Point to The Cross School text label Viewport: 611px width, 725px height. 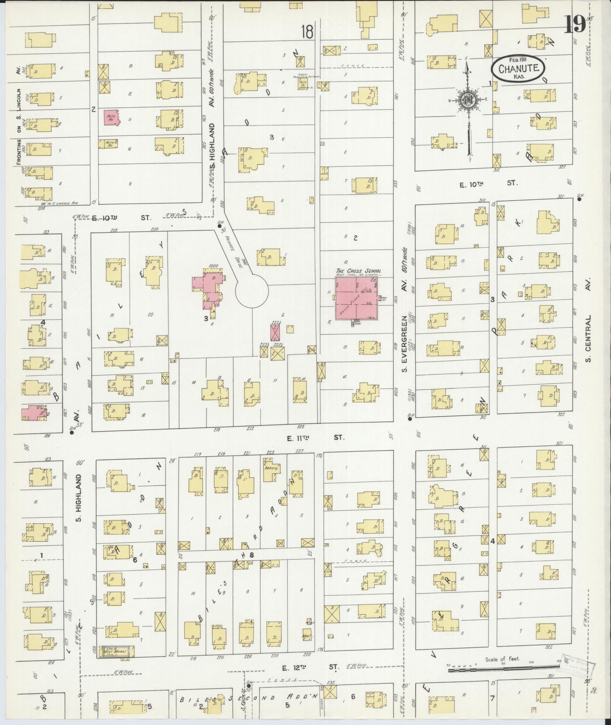(358, 271)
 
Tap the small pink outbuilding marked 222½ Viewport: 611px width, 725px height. (275, 332)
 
